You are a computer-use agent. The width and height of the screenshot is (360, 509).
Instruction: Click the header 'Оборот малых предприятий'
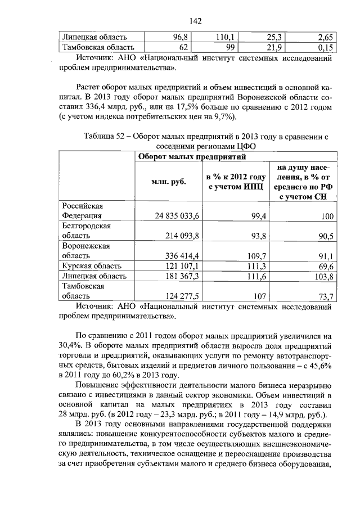(x=192, y=156)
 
